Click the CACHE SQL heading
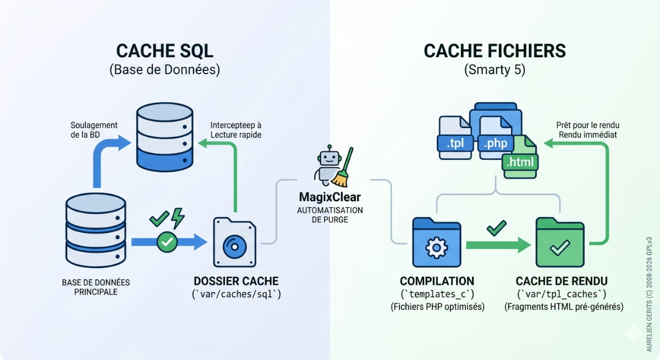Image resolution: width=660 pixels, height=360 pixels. point(164,51)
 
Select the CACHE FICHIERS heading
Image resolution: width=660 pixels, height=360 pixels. point(494,51)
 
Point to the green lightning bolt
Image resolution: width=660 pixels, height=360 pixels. point(178,218)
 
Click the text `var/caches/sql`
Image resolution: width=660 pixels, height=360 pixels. point(236,295)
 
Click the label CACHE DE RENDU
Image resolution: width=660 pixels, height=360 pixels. point(563,280)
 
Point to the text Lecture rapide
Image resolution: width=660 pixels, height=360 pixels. point(236,135)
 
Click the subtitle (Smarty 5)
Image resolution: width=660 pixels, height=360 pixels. point(494,70)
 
